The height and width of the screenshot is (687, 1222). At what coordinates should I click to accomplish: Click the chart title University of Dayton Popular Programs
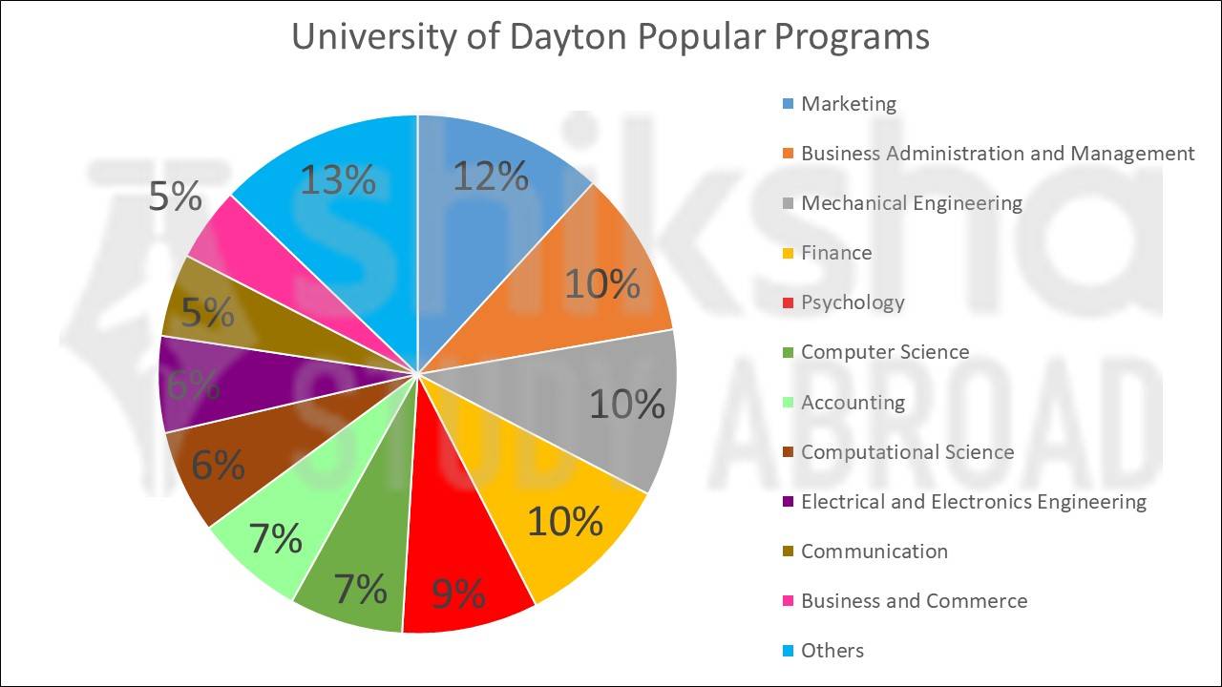coord(610,37)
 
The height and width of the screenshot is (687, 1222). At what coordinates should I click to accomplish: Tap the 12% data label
coord(490,177)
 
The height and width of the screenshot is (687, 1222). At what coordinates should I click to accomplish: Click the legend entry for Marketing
coord(849,104)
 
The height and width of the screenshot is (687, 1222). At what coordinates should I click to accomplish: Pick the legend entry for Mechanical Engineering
coord(911,203)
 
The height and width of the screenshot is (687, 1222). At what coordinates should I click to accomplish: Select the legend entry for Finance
coord(836,253)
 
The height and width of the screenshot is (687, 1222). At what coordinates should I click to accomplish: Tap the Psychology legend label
coord(853,302)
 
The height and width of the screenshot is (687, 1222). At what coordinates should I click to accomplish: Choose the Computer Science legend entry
coord(885,352)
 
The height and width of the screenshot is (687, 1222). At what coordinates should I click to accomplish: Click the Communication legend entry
coord(874,552)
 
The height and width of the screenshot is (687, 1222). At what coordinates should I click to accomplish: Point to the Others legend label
coord(832,651)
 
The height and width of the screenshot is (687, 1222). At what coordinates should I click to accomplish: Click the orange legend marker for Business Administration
coord(788,154)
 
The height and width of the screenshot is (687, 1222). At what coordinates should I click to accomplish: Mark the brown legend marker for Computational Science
coord(788,452)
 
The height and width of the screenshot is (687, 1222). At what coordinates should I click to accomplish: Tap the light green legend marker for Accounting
coord(788,403)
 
